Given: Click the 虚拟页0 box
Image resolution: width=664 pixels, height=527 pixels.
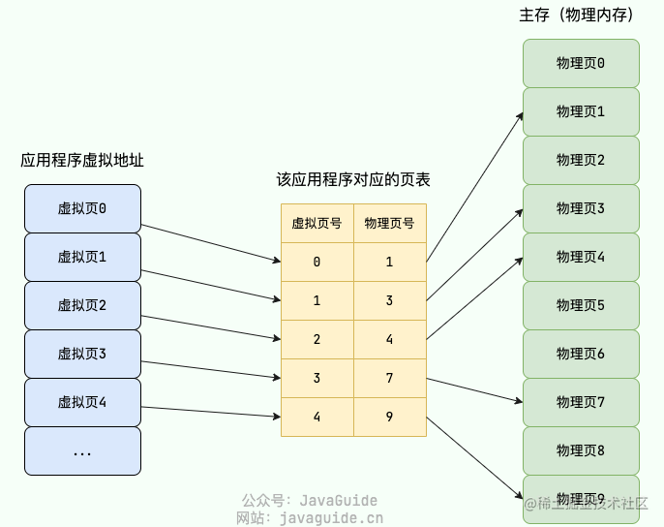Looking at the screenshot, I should (82, 208).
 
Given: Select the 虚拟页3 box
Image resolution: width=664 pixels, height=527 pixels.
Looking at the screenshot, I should (82, 354).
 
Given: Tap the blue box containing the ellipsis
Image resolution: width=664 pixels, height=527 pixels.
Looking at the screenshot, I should (82, 450).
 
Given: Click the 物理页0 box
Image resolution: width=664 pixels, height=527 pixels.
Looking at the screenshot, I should (581, 63).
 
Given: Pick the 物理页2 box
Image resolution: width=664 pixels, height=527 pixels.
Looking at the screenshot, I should (581, 160).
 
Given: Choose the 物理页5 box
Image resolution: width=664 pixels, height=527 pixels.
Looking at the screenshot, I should (581, 305).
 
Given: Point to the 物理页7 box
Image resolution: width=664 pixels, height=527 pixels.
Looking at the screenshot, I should (581, 402).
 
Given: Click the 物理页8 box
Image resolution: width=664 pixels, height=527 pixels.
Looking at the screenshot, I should (581, 450).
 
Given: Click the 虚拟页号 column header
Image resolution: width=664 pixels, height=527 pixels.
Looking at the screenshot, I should (317, 223).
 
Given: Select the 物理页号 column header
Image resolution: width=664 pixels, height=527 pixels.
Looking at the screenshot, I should (389, 223).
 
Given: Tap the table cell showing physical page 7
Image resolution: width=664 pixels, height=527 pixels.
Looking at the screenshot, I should (389, 378).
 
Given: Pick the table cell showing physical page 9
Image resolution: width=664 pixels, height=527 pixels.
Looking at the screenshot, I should (389, 417).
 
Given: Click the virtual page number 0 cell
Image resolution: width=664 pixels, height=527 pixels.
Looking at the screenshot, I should (317, 262).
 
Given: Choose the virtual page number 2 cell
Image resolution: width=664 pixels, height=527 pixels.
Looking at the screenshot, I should (317, 339).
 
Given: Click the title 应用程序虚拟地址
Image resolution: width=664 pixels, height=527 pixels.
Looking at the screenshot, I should (82, 161).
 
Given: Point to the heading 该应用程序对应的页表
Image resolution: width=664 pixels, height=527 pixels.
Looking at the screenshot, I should (353, 180).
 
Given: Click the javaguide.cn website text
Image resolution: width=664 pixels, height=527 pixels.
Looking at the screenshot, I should (330, 517).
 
